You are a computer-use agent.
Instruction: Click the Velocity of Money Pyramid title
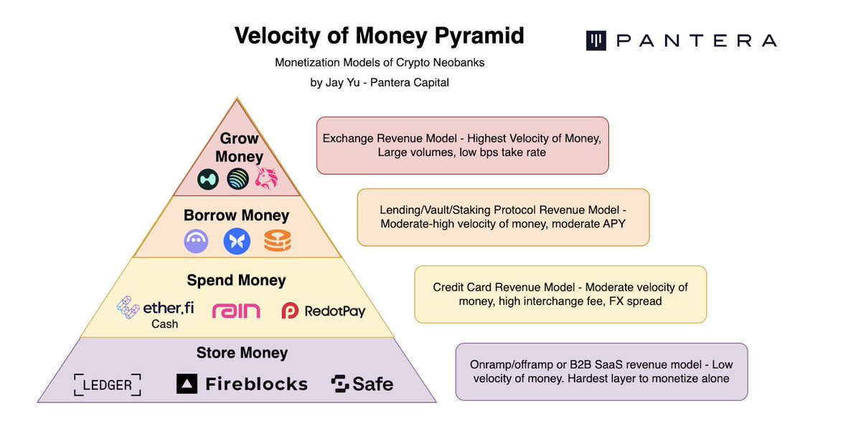click(x=379, y=36)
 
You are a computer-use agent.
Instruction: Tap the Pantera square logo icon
click(x=596, y=40)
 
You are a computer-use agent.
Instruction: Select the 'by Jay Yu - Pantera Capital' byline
click(x=379, y=82)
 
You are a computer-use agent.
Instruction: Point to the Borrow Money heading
click(x=236, y=215)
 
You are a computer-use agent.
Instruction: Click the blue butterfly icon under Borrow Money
click(x=236, y=241)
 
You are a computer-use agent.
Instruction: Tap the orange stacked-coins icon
click(x=277, y=241)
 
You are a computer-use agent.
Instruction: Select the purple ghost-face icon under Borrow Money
click(x=197, y=242)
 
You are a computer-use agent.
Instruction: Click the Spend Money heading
click(x=236, y=280)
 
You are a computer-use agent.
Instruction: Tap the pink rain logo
click(x=236, y=310)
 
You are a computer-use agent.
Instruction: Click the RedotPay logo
click(x=324, y=310)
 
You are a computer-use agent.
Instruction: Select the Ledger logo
click(x=108, y=385)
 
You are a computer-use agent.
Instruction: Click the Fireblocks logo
click(x=242, y=384)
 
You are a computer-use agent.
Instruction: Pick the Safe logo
click(x=362, y=384)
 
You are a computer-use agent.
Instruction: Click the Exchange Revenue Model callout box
click(x=462, y=146)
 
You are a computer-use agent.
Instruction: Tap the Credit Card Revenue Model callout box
click(x=560, y=294)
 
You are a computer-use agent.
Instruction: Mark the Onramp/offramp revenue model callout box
click(x=601, y=371)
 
